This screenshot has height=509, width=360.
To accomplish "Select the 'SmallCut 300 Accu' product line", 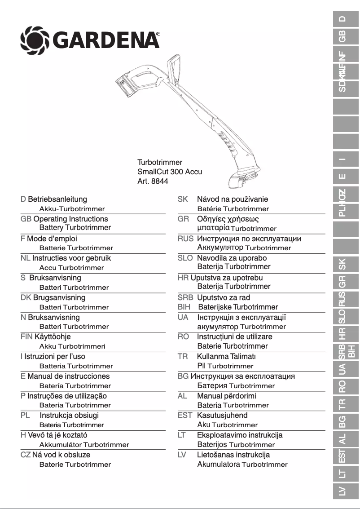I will [169, 172].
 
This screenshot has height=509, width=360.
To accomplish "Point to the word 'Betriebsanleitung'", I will [57, 199].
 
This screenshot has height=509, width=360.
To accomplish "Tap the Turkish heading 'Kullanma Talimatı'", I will [226, 356].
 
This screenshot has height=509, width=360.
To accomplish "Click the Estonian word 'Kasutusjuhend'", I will [222, 415].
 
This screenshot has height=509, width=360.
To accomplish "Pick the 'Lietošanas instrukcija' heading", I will [233, 455].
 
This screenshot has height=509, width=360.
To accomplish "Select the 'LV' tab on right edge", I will [342, 491].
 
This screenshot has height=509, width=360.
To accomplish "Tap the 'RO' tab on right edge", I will [342, 385].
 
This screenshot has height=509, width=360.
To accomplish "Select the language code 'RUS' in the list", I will [185, 239].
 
